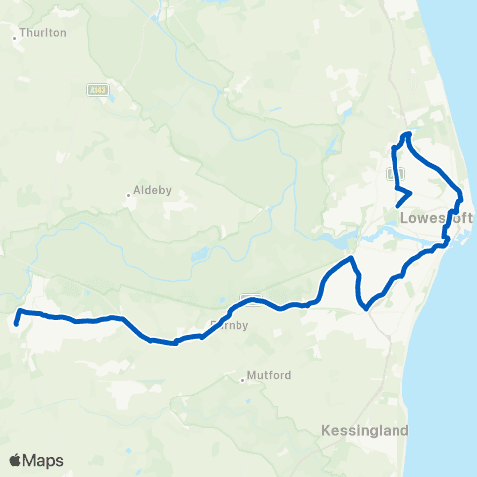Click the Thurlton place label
point(44,32)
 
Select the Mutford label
point(270,376)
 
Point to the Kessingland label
point(365,431)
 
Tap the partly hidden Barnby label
point(234,324)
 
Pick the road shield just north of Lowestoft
point(393,172)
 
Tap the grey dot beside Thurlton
point(16,39)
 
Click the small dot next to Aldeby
point(129,194)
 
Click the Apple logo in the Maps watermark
point(17,460)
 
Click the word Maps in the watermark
point(45,461)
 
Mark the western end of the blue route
point(16,323)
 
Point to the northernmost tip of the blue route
point(406,134)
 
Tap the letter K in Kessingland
point(327,431)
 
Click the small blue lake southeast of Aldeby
point(199,255)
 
